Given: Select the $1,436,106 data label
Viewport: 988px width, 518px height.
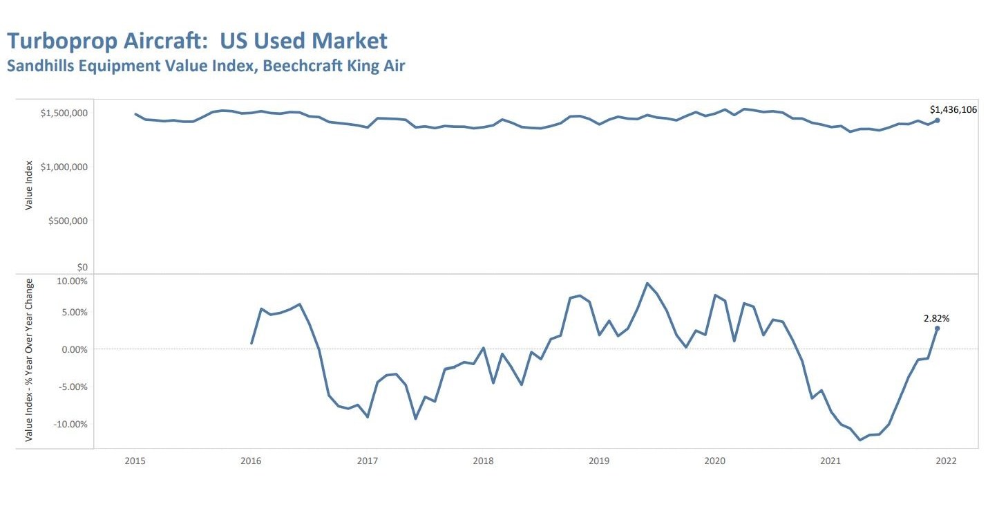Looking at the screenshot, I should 953,109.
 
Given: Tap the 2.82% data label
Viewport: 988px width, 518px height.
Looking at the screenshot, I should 936,319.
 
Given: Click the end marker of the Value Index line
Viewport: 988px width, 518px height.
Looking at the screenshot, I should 937,120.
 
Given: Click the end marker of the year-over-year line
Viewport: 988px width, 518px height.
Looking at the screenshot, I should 937,329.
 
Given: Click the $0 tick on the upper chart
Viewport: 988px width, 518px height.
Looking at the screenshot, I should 82,268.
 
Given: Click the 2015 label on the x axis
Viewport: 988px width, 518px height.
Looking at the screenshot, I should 135,461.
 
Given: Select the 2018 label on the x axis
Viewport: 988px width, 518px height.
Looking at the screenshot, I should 482,461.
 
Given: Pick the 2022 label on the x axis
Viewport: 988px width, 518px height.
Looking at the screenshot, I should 946,461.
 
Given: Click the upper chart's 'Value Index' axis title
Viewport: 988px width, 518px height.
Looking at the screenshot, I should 29,185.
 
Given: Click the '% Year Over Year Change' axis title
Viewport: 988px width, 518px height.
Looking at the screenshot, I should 29,360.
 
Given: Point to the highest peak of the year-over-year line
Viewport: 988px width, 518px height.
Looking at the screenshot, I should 647,284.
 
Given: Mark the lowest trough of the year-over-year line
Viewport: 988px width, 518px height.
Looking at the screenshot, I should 860,440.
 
